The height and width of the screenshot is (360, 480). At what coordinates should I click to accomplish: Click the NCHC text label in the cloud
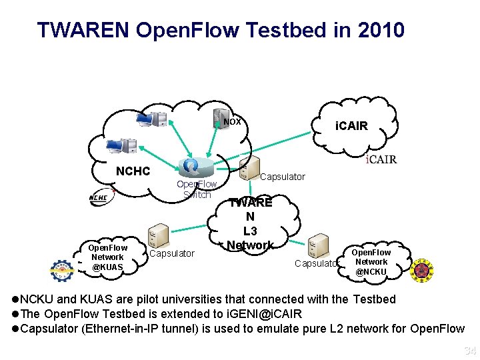click(x=133, y=171)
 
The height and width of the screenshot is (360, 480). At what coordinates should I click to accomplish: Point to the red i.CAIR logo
click(x=381, y=159)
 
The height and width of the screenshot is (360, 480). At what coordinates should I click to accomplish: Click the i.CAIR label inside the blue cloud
click(x=351, y=125)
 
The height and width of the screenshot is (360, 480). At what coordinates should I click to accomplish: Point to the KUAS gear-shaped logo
click(x=64, y=269)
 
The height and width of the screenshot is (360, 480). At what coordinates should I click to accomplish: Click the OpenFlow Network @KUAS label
click(x=107, y=257)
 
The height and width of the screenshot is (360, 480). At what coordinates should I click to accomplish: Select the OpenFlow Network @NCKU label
click(x=371, y=262)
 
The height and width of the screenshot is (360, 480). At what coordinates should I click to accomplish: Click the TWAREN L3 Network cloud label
click(x=250, y=224)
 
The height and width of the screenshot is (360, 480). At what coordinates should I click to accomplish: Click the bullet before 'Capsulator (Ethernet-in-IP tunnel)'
click(x=17, y=328)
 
